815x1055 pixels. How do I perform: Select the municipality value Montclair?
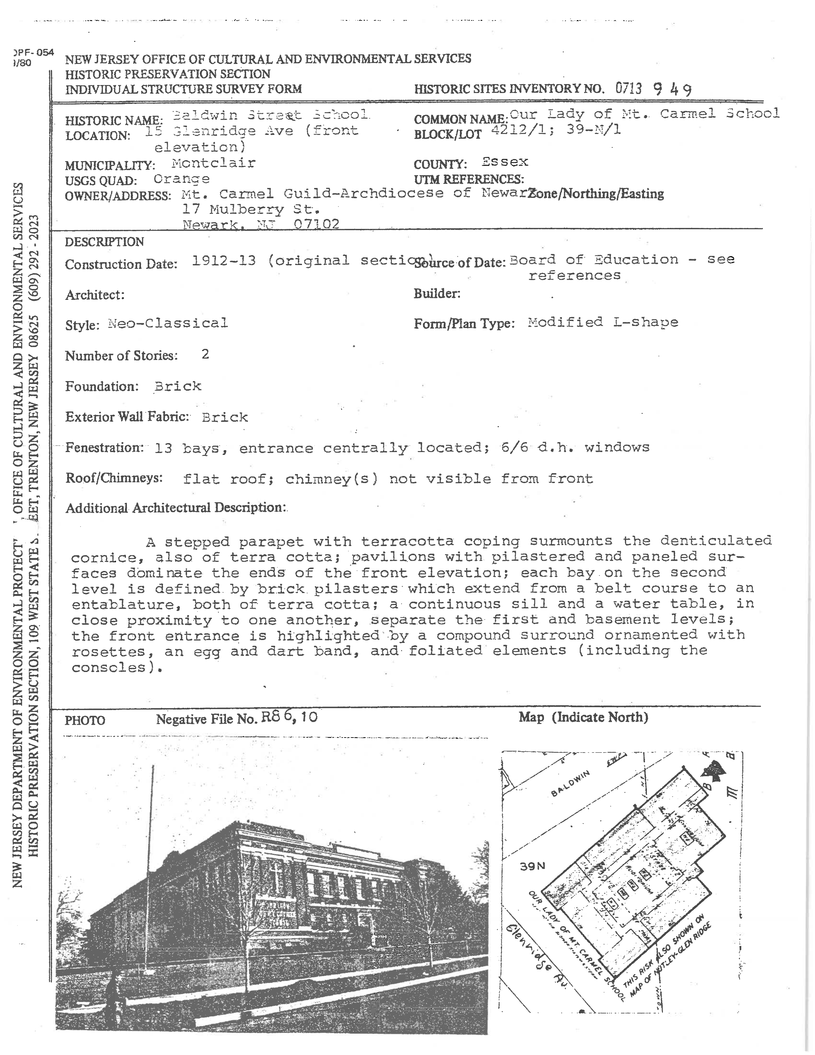(x=213, y=163)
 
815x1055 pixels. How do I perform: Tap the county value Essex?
(x=505, y=162)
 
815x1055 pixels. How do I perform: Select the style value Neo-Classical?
(x=167, y=323)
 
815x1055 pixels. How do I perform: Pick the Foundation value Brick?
(x=178, y=386)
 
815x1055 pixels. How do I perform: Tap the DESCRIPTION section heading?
(x=104, y=241)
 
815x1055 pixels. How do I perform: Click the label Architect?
(x=95, y=295)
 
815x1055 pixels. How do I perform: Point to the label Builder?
(x=437, y=293)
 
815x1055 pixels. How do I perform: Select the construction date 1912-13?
(x=223, y=261)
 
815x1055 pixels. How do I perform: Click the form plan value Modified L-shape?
(x=603, y=322)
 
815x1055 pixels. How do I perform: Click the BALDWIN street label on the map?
(x=571, y=783)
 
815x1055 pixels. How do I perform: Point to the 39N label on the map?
(x=532, y=866)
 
